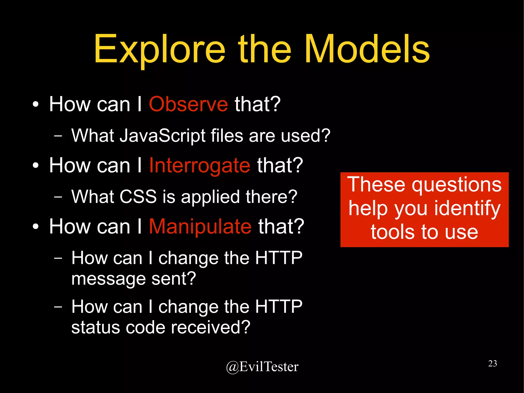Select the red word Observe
pos(188,104)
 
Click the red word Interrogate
pos(199,166)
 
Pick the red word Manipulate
pos(200,227)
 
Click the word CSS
pos(138,197)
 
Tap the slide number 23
pos(493,363)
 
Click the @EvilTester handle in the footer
pos(262,367)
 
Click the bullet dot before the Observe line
pos(36,104)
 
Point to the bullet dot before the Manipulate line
pos(36,227)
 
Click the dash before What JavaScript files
pos(58,135)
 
